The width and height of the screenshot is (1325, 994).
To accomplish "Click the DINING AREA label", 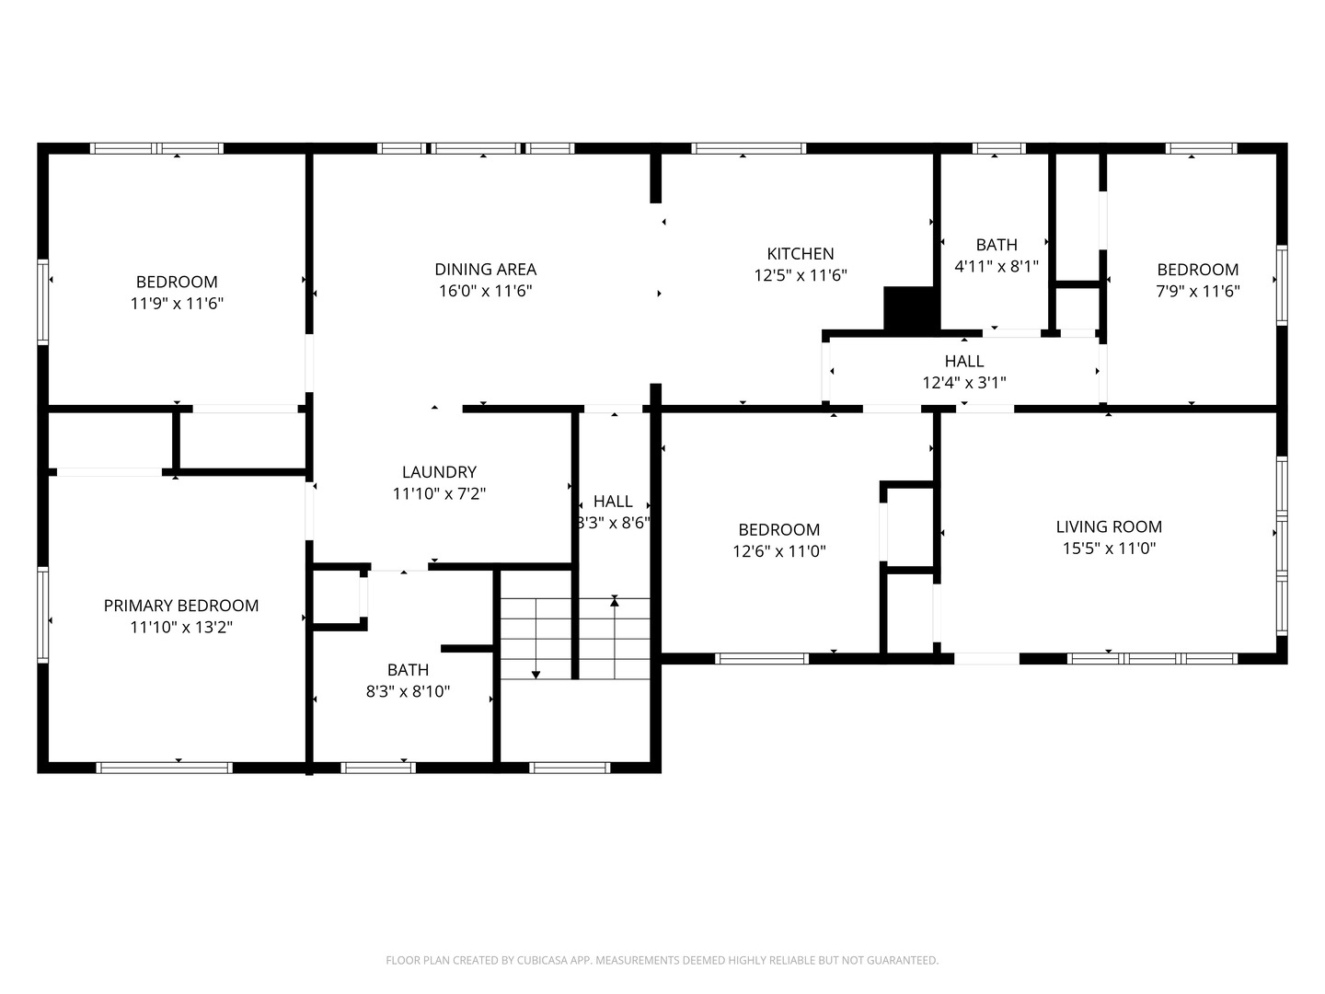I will pyautogui.click(x=485, y=269).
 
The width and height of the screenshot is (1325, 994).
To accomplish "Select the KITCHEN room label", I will pyautogui.click(x=801, y=253).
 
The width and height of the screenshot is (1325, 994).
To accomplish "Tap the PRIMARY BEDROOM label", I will pyautogui.click(x=180, y=606).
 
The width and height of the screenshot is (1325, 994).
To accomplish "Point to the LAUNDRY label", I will pyautogui.click(x=439, y=472).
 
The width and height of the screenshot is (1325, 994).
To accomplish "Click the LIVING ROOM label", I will pyautogui.click(x=1109, y=526).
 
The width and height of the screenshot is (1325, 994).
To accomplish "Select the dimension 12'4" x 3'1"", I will pyautogui.click(x=964, y=383).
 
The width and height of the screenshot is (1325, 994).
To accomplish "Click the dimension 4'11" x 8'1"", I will pyautogui.click(x=997, y=267).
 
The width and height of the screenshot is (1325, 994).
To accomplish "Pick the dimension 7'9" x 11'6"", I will pyautogui.click(x=1198, y=292).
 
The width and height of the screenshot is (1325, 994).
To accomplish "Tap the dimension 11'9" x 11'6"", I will pyautogui.click(x=177, y=304).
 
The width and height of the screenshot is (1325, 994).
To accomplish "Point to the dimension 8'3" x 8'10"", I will pyautogui.click(x=408, y=692).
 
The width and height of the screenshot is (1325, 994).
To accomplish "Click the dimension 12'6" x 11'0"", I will pyautogui.click(x=779, y=551).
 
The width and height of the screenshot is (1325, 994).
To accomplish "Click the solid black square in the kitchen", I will pyautogui.click(x=909, y=308).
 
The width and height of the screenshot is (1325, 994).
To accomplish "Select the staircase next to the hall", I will pyautogui.click(x=575, y=639).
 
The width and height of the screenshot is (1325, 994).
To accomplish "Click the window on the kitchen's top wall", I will pyautogui.click(x=749, y=148).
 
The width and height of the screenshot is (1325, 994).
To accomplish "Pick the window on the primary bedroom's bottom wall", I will pyautogui.click(x=164, y=768).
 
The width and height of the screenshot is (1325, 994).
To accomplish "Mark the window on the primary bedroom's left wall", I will pyautogui.click(x=42, y=614).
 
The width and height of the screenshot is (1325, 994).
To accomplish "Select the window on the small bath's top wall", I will pyautogui.click(x=998, y=148).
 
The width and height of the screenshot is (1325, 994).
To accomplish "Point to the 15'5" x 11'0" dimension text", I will pyautogui.click(x=1109, y=549).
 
